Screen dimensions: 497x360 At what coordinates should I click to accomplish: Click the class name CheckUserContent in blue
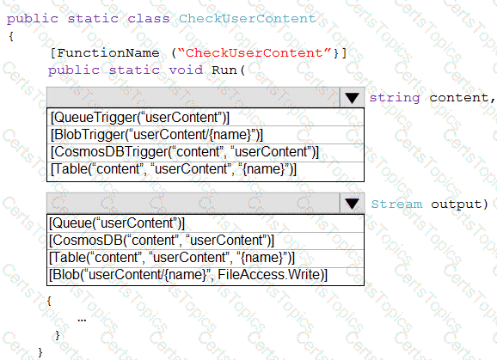[x=248, y=18]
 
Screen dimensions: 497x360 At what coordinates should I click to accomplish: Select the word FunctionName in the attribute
[x=108, y=52]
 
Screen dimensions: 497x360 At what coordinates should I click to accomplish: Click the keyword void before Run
[x=186, y=70]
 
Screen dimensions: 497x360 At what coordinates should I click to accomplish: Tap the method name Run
[x=224, y=70]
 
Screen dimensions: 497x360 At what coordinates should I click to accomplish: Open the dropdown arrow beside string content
[x=352, y=98]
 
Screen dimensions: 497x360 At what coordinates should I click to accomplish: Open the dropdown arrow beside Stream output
[x=352, y=204]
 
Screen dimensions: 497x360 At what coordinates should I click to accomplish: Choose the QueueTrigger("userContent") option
[x=140, y=118]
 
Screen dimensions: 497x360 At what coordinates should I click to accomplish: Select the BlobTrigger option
[x=156, y=135]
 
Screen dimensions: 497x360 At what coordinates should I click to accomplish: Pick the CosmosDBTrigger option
[x=185, y=152]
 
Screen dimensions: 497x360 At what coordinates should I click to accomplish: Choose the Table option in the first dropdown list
[x=174, y=168]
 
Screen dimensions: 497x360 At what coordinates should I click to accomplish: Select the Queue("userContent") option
[x=117, y=223]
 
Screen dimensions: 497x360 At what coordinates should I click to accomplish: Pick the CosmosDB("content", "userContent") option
[x=162, y=241]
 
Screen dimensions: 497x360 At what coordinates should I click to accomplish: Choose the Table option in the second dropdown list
[x=172, y=258]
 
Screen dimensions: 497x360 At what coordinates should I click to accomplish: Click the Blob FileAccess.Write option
[x=188, y=275]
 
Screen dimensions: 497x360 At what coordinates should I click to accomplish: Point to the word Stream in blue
[x=396, y=204]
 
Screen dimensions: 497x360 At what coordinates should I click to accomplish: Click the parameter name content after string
[x=459, y=98]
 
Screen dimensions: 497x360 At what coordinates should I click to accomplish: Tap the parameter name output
[x=456, y=204]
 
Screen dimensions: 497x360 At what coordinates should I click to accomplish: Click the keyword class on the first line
[x=149, y=18]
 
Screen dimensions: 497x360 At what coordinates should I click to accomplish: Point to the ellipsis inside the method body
[x=82, y=320]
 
